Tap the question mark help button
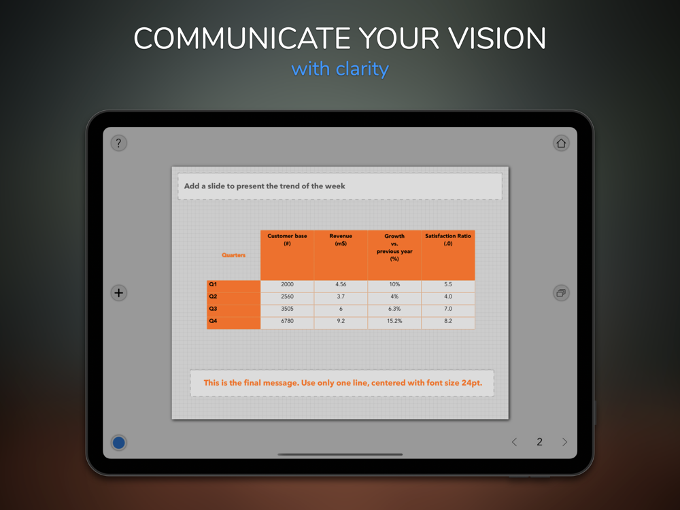click(119, 143)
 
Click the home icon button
click(561, 143)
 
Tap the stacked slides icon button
click(561, 292)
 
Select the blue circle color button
click(119, 443)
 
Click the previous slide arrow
click(514, 442)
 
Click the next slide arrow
click(564, 442)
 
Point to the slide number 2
click(539, 442)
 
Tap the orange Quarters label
click(234, 255)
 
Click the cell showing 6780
click(287, 321)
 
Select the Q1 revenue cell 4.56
click(341, 284)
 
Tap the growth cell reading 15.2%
click(394, 321)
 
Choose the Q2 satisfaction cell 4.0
click(448, 296)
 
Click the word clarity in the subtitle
click(362, 69)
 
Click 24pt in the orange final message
click(472, 383)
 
